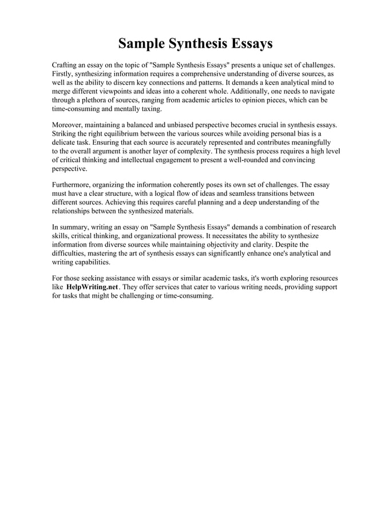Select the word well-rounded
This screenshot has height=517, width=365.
(233, 160)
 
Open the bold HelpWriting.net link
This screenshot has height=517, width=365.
(92, 287)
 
